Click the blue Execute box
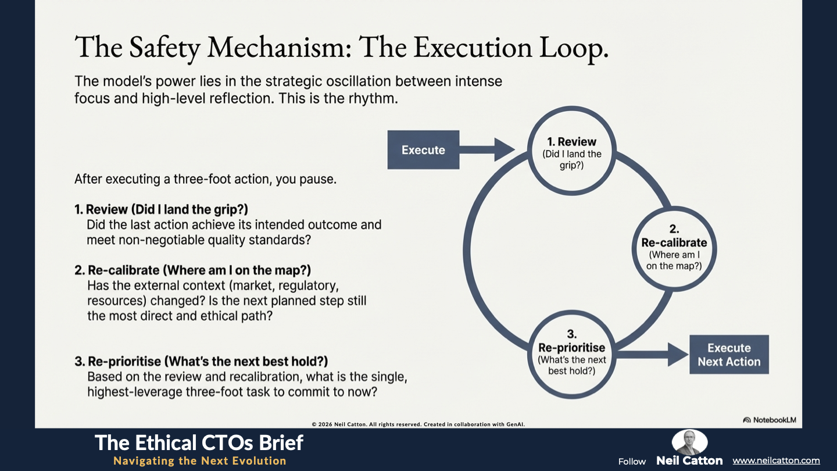point(423,149)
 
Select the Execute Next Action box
point(729,354)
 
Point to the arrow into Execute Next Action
point(652,354)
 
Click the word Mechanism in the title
point(279,48)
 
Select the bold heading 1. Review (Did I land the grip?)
point(161,209)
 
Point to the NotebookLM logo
point(770,420)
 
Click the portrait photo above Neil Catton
point(689,442)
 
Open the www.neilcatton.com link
point(776,461)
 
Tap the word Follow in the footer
point(632,462)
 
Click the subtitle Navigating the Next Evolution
point(200,461)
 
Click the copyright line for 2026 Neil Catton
point(418,424)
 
